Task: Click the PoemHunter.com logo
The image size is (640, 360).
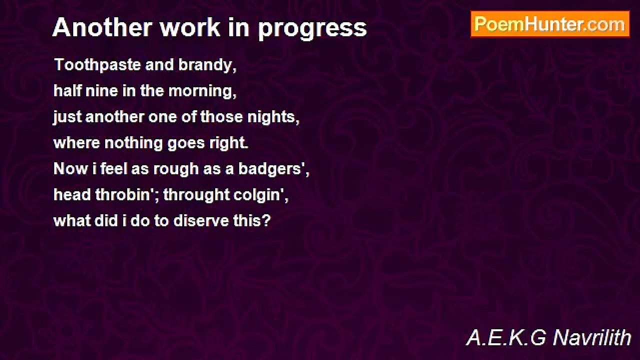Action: [x=550, y=24]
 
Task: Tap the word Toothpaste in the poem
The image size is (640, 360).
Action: [x=97, y=65]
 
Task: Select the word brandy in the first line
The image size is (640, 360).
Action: [x=207, y=65]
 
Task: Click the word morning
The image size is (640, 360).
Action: [x=202, y=91]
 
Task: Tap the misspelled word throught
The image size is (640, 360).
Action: [x=196, y=195]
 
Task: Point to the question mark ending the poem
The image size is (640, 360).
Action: [x=266, y=221]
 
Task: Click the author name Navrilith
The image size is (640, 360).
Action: [x=591, y=337]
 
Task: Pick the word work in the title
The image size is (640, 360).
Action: [x=190, y=27]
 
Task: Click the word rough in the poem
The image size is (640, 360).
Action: [x=176, y=169]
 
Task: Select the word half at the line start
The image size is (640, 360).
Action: [x=67, y=91]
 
